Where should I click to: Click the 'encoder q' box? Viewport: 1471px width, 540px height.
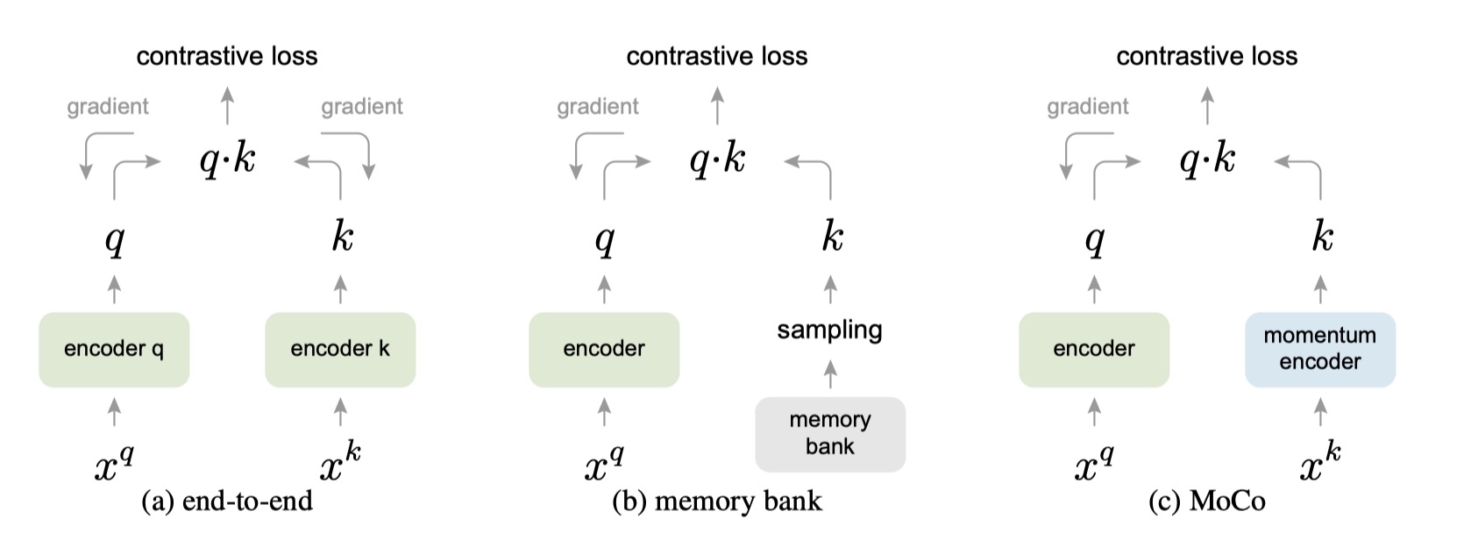pos(114,349)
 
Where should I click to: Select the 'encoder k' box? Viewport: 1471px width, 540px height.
pos(340,349)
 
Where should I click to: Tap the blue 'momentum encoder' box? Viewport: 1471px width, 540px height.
pos(1319,349)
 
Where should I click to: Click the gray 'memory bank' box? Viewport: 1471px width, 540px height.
pos(830,434)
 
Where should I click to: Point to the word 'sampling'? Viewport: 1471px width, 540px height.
pos(829,330)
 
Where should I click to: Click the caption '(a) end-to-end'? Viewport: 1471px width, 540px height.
pos(227,501)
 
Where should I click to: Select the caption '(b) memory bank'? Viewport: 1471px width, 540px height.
pos(717,501)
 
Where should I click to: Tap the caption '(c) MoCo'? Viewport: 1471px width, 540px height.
pos(1207,501)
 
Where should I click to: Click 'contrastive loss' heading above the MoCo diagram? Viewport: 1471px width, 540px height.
pos(1206,56)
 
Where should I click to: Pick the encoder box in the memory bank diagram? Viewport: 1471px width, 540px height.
pos(604,349)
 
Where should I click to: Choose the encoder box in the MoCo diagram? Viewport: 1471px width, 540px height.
pos(1094,349)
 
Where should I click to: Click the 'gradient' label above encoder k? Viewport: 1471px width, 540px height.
pos(361,107)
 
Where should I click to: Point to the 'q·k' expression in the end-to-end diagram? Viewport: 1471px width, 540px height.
pos(227,160)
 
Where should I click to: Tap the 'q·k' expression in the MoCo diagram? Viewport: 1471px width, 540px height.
pos(1207,160)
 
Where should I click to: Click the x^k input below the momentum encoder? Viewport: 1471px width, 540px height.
pos(1319,464)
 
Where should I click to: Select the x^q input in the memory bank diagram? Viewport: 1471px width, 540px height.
pos(604,464)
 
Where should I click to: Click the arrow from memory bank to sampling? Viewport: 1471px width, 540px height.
pos(830,374)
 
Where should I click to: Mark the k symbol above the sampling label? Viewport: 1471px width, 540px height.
pos(832,237)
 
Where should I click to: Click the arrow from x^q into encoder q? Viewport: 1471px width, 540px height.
pos(114,411)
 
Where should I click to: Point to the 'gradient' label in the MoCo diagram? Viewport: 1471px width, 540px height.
pos(1087,107)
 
